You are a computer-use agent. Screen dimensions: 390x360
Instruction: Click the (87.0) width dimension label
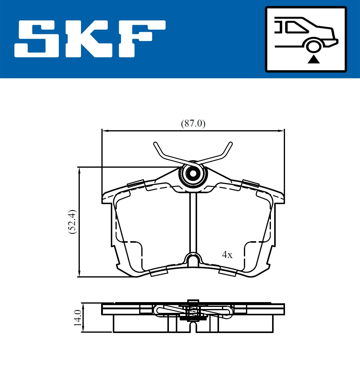pos(193,123)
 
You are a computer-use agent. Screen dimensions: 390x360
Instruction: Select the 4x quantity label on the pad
pos(227,255)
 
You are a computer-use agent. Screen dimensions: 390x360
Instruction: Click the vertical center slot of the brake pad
pos(193,222)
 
